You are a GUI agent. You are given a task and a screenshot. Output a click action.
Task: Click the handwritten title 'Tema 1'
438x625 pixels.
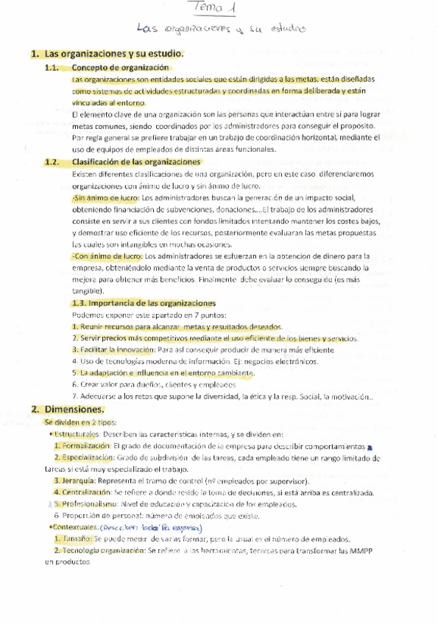[x=219, y=8]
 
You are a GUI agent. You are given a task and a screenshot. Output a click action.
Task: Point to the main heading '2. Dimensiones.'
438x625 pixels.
[x=68, y=409]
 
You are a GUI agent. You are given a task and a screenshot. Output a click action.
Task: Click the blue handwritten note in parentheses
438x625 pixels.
[x=142, y=528]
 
